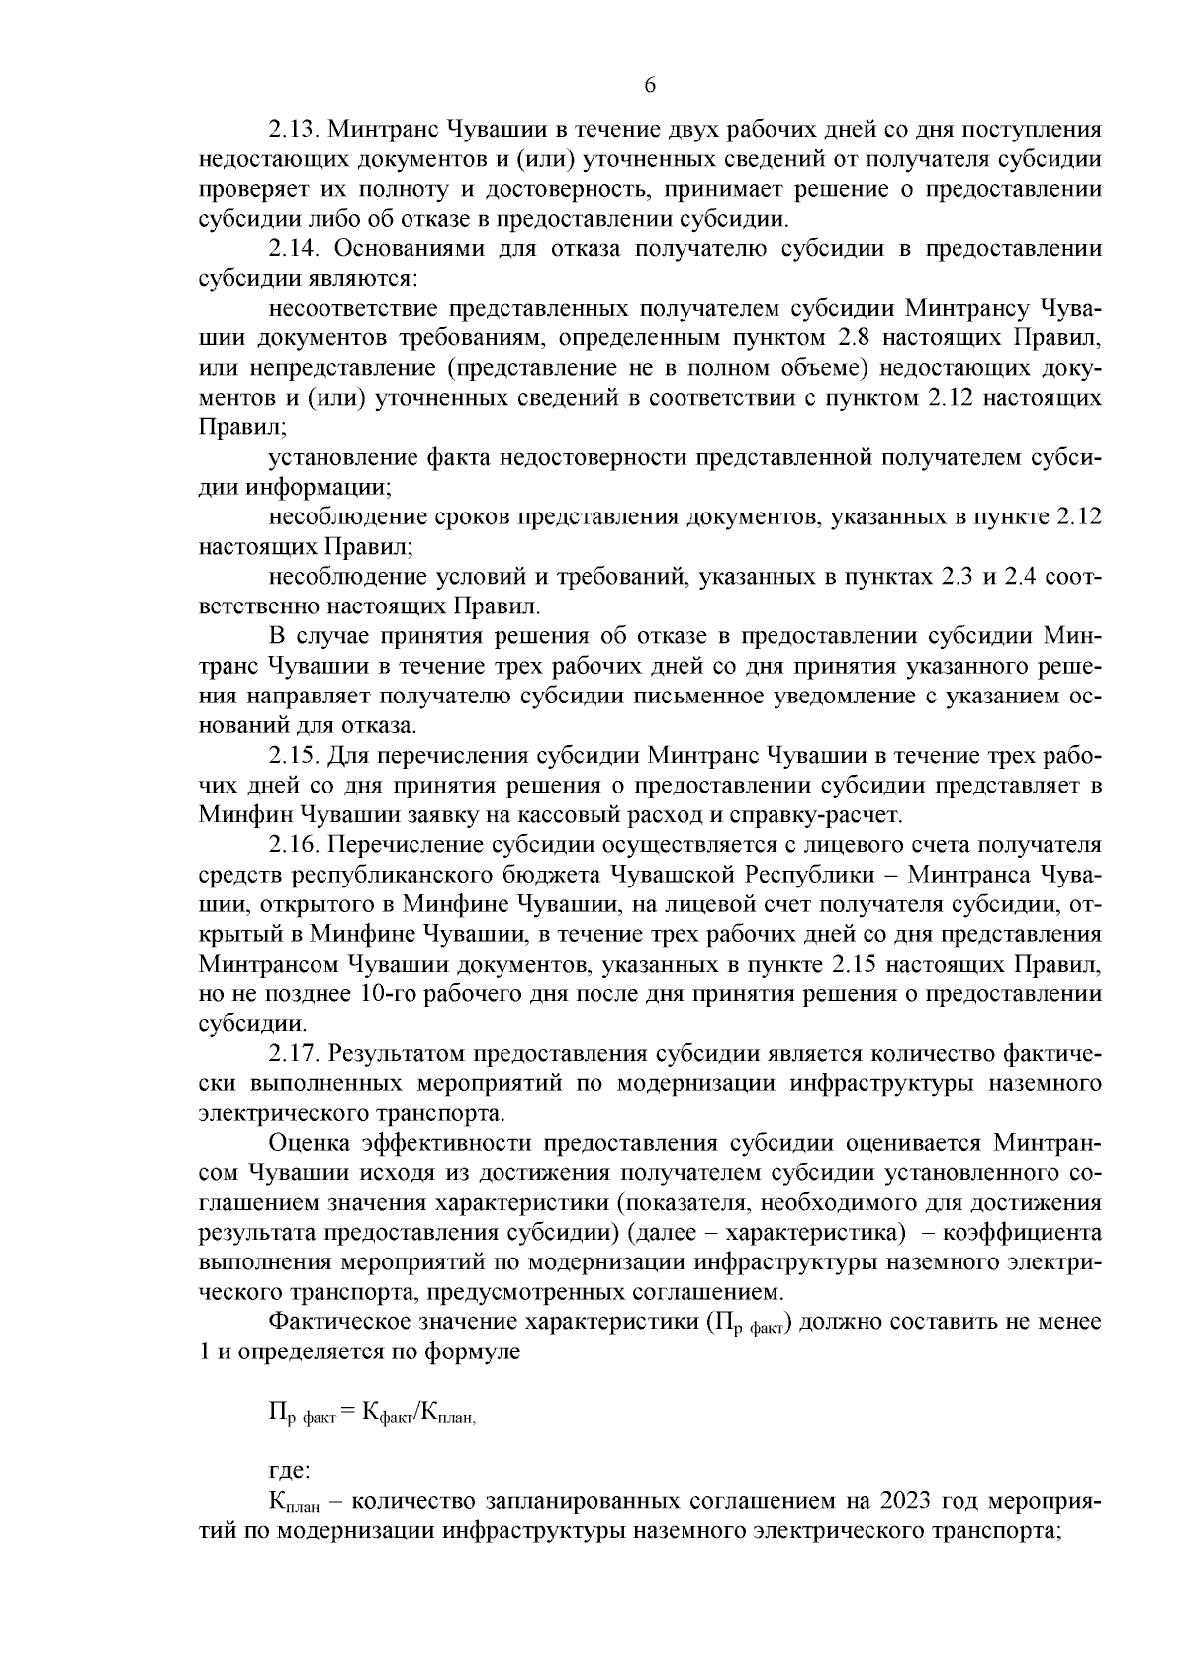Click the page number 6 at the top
pyautogui.click(x=650, y=86)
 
